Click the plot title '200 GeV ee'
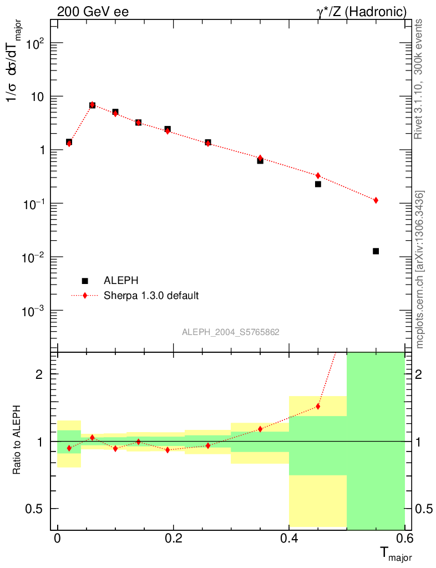93,12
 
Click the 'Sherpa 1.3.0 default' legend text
151,296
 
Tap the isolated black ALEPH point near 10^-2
376,251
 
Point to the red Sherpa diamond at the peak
92,104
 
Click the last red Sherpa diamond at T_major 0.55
376,200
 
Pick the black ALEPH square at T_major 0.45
318,184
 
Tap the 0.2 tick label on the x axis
173,538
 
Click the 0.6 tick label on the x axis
404,538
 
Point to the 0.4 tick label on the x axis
288,538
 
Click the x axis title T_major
395,553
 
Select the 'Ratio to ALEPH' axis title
17,441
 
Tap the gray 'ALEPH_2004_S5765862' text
230,332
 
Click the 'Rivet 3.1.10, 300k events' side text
419,78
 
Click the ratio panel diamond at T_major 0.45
318,406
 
